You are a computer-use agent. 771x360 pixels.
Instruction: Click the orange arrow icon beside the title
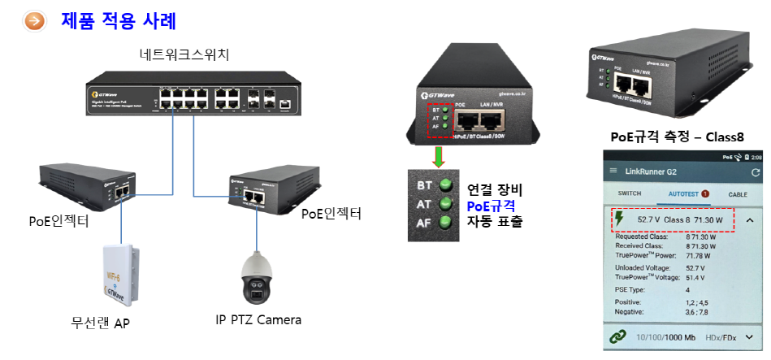tap(35, 20)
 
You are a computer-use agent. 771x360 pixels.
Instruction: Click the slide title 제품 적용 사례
tap(119, 20)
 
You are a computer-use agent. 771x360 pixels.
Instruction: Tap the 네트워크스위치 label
tap(184, 55)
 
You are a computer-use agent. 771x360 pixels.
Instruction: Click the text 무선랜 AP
tap(100, 323)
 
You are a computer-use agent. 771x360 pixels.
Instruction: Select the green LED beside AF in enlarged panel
tap(444, 222)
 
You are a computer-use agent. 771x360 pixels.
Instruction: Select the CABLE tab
tap(737, 194)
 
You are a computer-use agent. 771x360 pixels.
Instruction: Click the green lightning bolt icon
tap(620, 219)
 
